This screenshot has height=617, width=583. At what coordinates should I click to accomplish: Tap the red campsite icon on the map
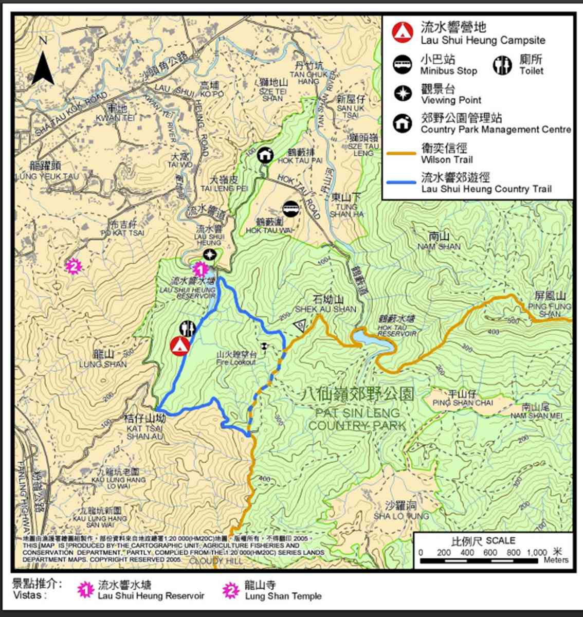coord(179,346)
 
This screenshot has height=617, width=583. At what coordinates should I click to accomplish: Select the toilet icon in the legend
coord(502,65)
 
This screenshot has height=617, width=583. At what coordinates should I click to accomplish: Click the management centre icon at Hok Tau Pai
coord(265,154)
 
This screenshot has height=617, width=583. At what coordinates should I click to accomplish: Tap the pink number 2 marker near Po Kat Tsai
coord(74,266)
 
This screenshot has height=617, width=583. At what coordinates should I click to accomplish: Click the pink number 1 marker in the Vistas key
coord(85,590)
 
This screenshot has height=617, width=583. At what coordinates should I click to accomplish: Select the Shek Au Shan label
coord(325,304)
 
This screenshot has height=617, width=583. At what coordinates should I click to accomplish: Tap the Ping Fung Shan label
coord(549,304)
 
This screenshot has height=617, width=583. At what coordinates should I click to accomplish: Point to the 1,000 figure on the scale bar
coord(537,552)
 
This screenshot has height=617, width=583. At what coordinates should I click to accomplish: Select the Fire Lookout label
coord(236,358)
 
